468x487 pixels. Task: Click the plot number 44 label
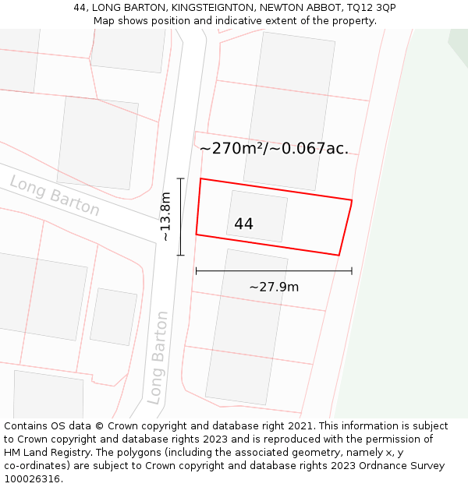click(x=243, y=224)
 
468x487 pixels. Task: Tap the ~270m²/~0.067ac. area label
click(x=274, y=148)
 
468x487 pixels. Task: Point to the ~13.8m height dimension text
click(x=165, y=217)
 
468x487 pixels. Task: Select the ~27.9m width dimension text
click(x=274, y=287)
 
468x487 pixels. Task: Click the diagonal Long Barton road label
click(x=55, y=196)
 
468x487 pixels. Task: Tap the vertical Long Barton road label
click(x=158, y=357)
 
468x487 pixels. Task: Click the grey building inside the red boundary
click(x=257, y=216)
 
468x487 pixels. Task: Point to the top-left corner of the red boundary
click(x=201, y=179)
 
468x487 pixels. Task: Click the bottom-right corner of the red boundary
click(x=339, y=255)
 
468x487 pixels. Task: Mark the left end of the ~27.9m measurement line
click(x=196, y=271)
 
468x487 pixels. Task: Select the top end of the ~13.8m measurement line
click(x=180, y=179)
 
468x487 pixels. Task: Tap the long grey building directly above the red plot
click(x=289, y=109)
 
